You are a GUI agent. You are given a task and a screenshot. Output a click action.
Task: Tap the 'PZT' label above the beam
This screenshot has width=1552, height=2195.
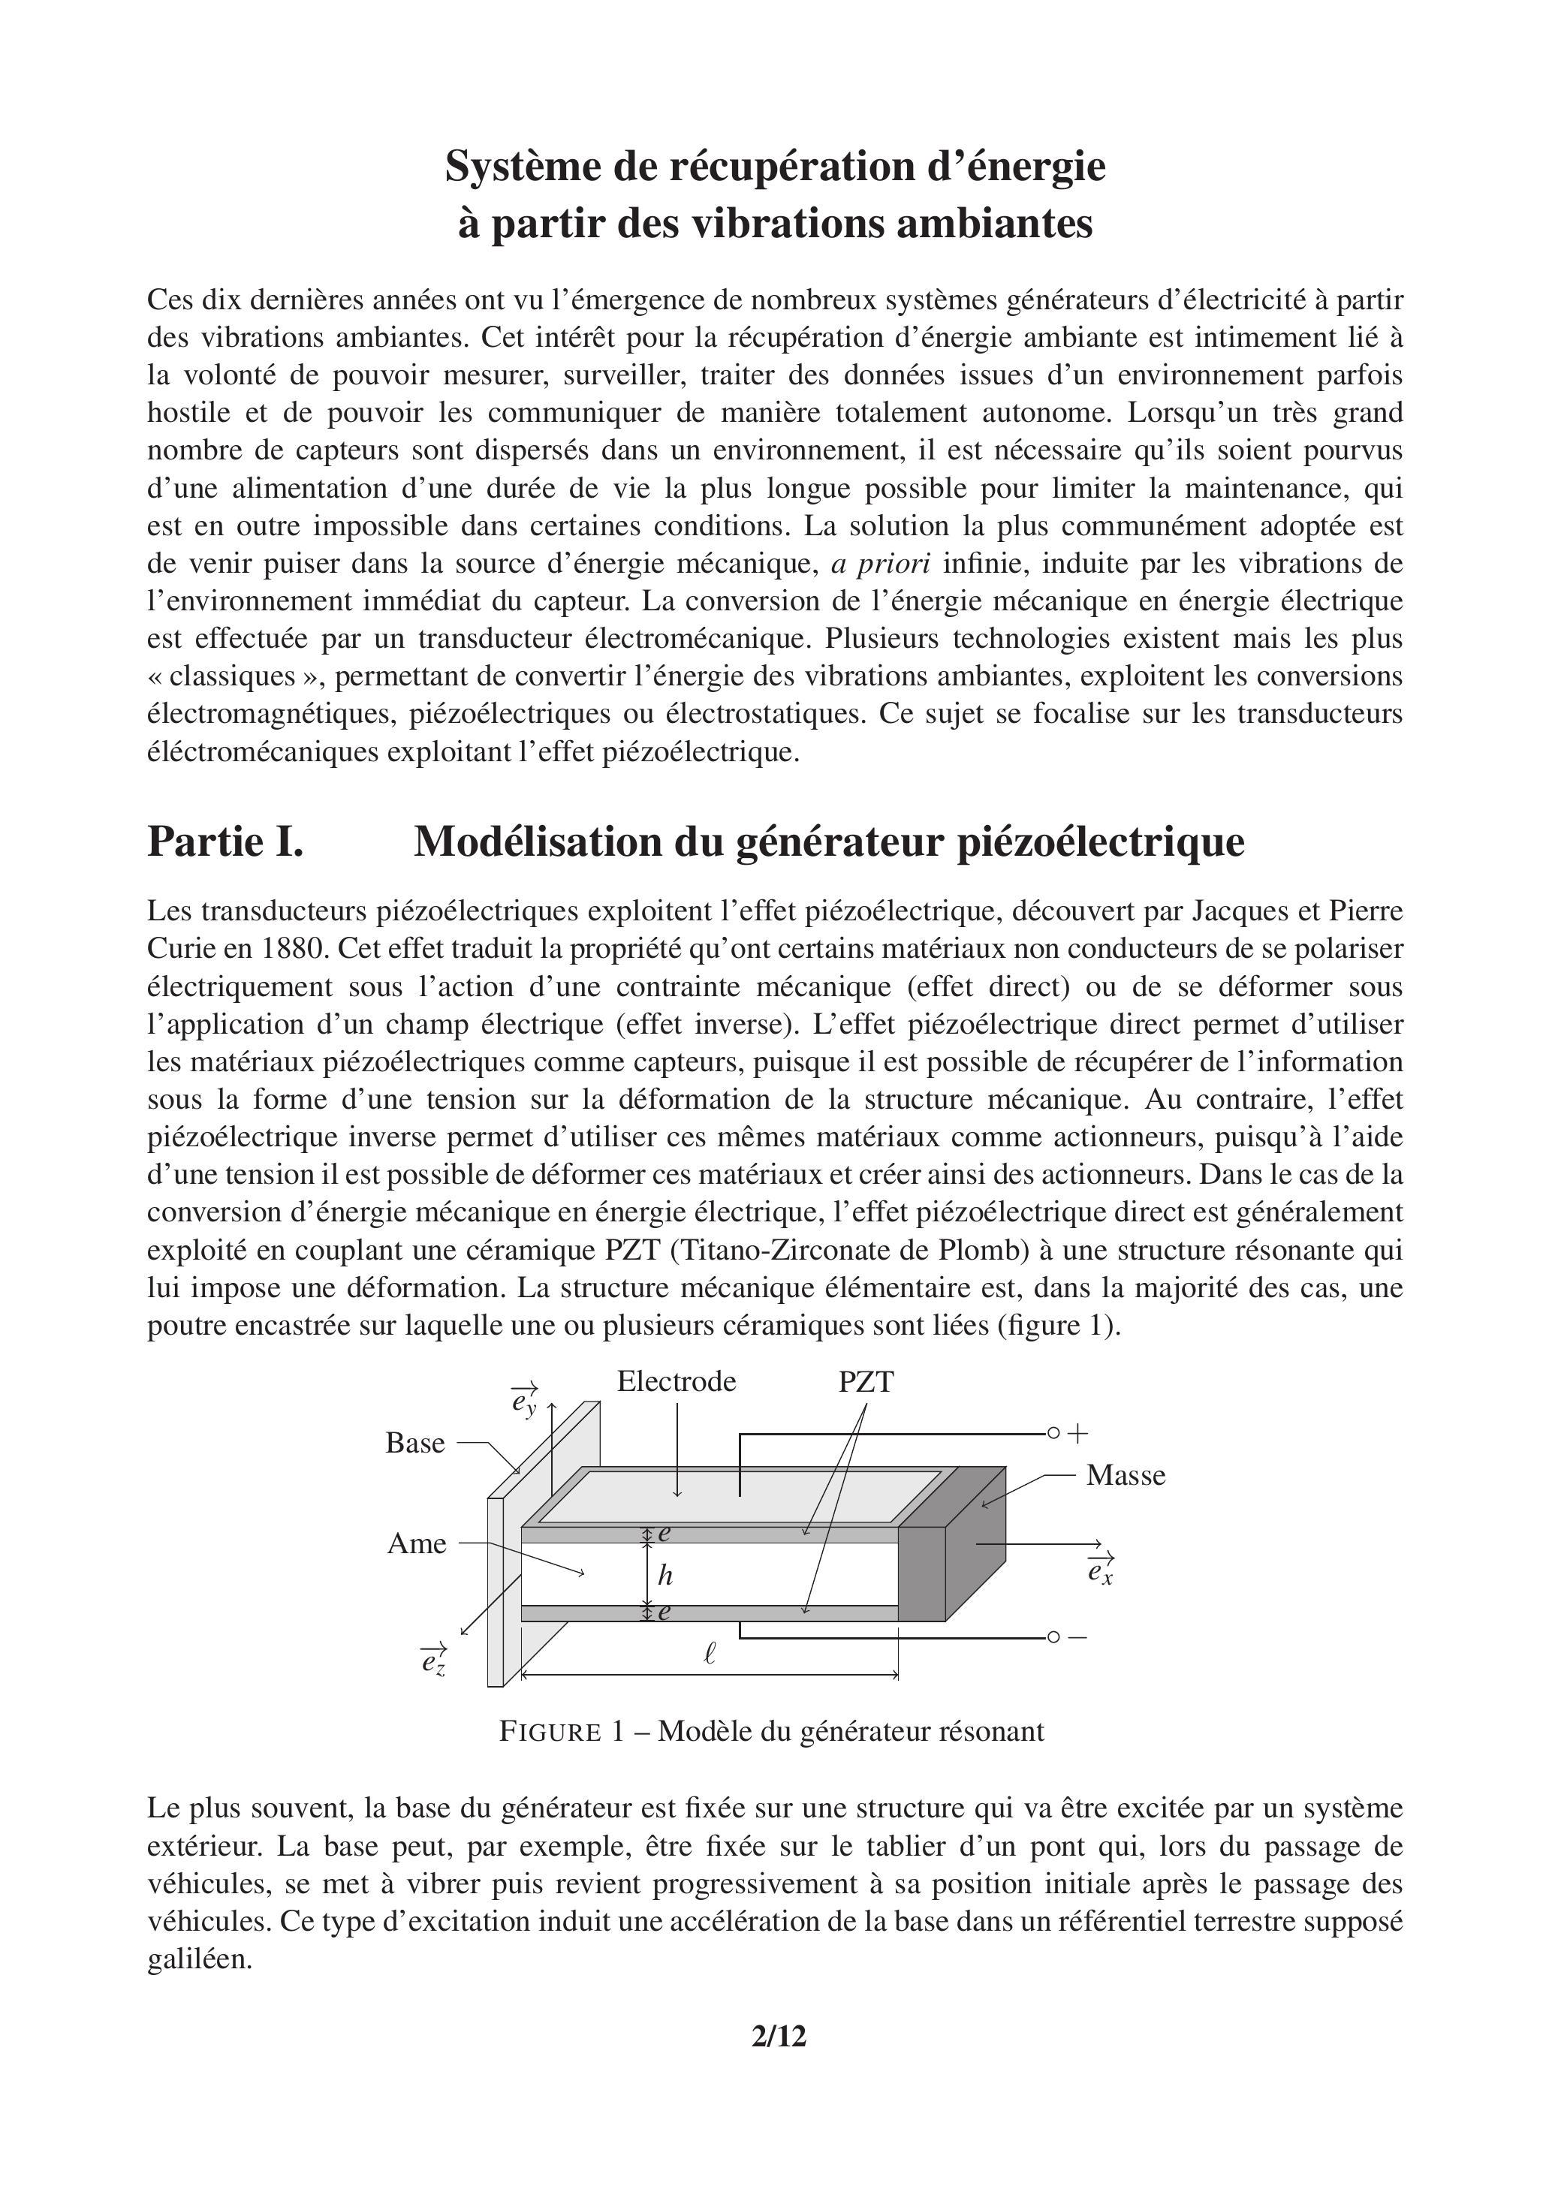click(x=866, y=1383)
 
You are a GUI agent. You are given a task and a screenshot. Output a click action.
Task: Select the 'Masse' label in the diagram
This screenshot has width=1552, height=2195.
click(x=1126, y=1475)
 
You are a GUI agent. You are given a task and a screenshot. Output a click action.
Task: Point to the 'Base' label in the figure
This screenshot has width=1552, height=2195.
click(x=415, y=1443)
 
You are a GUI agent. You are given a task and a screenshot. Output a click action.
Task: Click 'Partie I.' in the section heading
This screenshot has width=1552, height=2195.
click(x=226, y=842)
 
